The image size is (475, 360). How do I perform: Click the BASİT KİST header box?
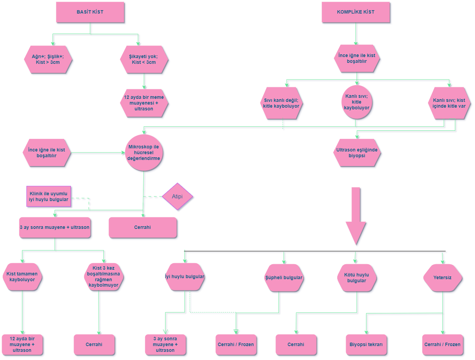[x=90, y=12]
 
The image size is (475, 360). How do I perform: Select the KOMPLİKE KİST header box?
[x=355, y=12]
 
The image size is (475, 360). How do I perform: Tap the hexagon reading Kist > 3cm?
[x=48, y=59]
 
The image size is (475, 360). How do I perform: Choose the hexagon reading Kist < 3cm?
[x=144, y=59]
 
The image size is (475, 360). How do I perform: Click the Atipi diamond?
[x=177, y=196]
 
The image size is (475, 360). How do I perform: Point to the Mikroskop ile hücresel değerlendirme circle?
[x=144, y=152]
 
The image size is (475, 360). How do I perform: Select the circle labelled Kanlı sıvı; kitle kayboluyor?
[x=357, y=102]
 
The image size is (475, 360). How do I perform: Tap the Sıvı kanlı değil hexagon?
[x=281, y=103]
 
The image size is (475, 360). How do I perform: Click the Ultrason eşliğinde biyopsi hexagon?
[x=357, y=152]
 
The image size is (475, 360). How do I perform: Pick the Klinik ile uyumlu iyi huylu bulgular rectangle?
[x=49, y=196]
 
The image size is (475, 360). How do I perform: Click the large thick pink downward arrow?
[x=356, y=216]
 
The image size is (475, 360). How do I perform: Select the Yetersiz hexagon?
[x=443, y=278]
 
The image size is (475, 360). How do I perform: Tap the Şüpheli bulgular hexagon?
[x=284, y=278]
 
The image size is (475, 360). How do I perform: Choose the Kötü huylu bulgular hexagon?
[x=357, y=278]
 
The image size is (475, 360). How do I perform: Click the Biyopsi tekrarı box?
[x=366, y=345]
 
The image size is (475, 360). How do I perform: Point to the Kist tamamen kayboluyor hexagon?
[x=22, y=277]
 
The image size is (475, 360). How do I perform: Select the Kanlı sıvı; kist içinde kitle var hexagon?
[x=449, y=103]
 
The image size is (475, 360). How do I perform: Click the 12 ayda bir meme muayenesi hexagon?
[x=144, y=103]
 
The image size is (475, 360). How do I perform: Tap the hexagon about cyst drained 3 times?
[x=104, y=277]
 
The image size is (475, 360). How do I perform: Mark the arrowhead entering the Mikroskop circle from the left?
[x=123, y=152]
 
